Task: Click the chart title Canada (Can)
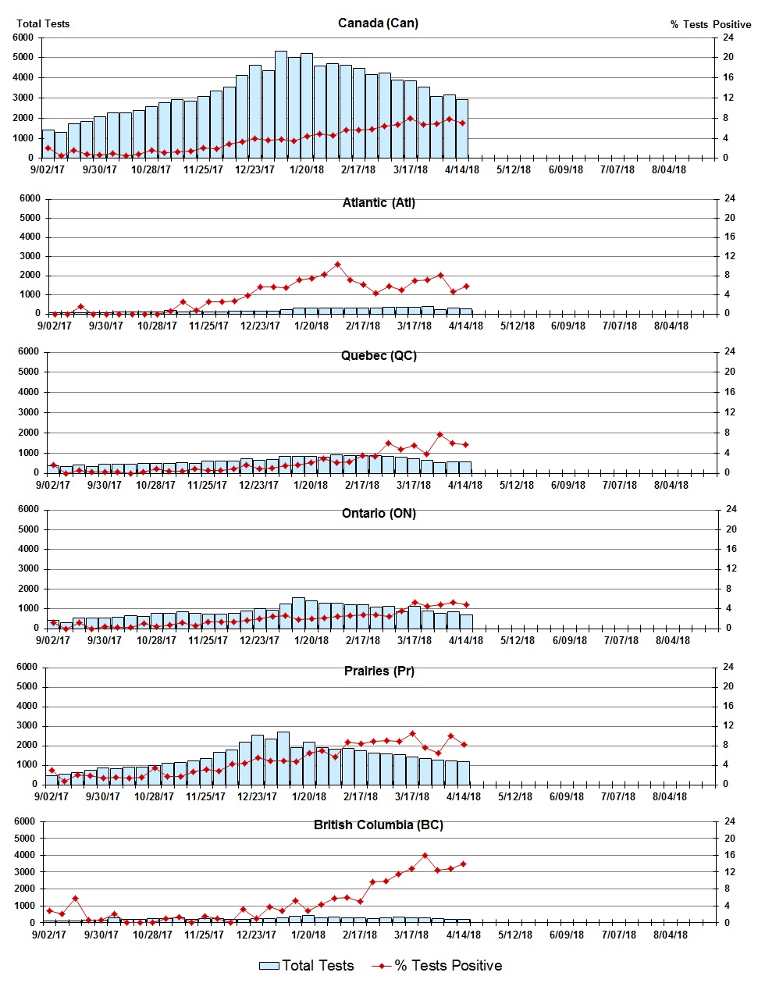(x=378, y=23)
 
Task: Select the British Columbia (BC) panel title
(x=378, y=825)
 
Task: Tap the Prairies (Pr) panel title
(x=379, y=671)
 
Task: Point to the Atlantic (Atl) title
(x=379, y=202)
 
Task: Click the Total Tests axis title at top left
(x=43, y=23)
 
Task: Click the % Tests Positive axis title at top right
(x=710, y=24)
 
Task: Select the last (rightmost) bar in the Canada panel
(x=462, y=129)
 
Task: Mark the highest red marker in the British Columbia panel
(x=425, y=856)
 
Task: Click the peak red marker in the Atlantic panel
(x=337, y=265)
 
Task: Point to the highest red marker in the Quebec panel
(x=439, y=435)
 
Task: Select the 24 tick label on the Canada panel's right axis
(x=728, y=37)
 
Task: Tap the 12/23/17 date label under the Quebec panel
(x=258, y=485)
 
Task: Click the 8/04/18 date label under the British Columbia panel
(x=670, y=935)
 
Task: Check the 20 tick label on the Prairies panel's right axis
(x=728, y=686)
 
